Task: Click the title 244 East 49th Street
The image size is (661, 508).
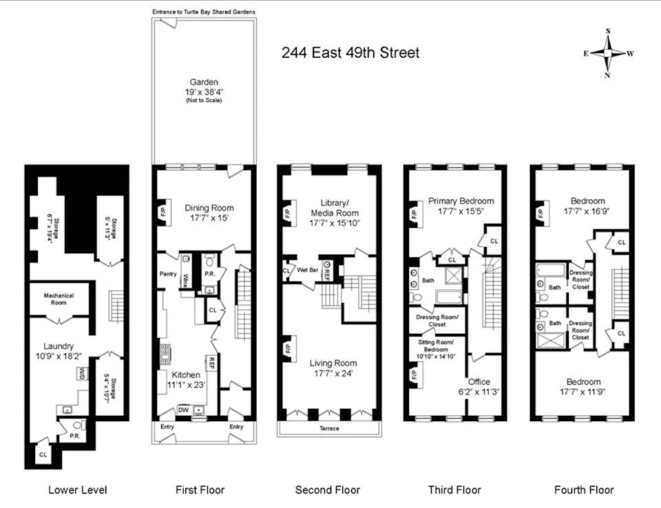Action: tap(350, 53)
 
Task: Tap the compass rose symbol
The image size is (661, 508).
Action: tap(607, 53)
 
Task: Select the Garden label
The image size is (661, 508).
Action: tap(204, 82)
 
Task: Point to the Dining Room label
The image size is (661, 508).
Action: tap(209, 208)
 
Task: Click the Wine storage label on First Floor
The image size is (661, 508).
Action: tap(185, 280)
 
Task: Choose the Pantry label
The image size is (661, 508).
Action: tap(168, 274)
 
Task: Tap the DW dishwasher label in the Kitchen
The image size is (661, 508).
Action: tap(183, 410)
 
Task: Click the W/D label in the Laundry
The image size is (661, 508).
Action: tap(81, 374)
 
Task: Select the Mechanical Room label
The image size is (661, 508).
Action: tap(59, 299)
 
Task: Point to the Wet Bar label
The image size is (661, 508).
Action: tap(307, 270)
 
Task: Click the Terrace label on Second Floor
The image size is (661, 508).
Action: tap(329, 428)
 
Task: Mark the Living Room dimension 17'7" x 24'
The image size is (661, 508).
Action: tap(333, 373)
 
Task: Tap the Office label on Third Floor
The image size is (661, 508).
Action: tap(479, 381)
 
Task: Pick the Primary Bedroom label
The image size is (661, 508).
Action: tap(461, 201)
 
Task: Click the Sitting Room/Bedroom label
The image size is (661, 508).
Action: tap(436, 346)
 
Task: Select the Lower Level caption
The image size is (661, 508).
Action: tap(78, 490)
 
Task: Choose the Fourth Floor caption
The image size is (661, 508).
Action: tap(584, 490)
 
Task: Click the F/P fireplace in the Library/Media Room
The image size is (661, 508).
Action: tap(288, 215)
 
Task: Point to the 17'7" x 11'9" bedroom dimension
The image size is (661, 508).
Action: tap(583, 392)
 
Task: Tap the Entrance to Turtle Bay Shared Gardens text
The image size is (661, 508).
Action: tap(204, 12)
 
